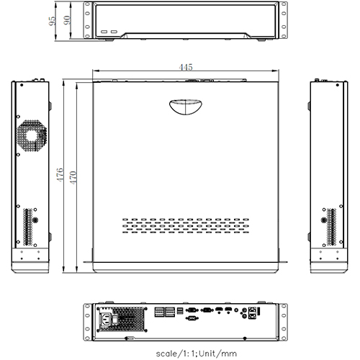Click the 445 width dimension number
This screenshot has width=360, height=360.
click(186, 67)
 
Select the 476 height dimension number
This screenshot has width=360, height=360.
click(61, 174)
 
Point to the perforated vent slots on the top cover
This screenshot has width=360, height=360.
click(186, 226)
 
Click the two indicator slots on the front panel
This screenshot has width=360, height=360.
click(110, 33)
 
